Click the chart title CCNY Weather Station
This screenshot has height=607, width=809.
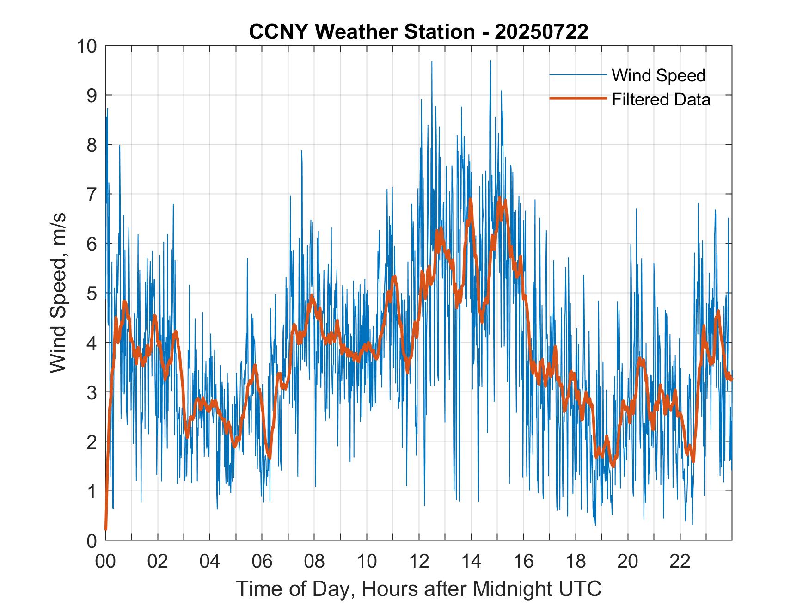418,32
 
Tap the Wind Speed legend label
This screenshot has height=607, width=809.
658,75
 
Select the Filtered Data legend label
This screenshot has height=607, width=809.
661,99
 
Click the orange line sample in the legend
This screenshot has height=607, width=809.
578,99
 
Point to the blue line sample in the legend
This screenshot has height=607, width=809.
578,75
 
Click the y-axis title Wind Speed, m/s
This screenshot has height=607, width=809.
59,293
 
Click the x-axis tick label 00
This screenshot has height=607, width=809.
105,562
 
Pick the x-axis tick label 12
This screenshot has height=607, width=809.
419,562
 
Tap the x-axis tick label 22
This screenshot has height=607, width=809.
680,562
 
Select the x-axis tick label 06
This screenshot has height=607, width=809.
262,562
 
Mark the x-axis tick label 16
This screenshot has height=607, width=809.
523,562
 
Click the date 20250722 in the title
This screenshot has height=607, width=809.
541,32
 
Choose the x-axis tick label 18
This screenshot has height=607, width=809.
576,562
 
